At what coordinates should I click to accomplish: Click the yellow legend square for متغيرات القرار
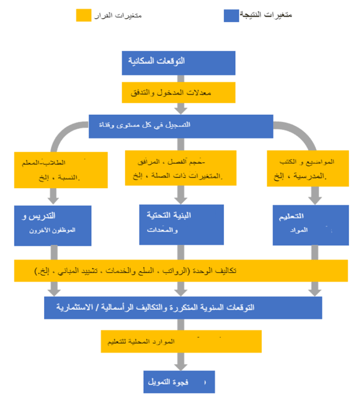[x=83, y=15]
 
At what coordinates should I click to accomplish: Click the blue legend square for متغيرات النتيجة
[x=232, y=15]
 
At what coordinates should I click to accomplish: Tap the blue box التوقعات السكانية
[x=179, y=62]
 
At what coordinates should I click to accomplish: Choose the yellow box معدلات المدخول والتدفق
[x=179, y=92]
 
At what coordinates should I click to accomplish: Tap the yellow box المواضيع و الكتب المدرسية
[x=308, y=168]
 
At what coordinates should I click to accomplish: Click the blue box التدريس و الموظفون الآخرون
[x=53, y=225]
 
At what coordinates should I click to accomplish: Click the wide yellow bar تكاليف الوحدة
[x=181, y=271]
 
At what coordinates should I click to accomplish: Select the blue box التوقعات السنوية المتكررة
[x=183, y=308]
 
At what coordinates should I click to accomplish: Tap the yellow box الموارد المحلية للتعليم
[x=181, y=341]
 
